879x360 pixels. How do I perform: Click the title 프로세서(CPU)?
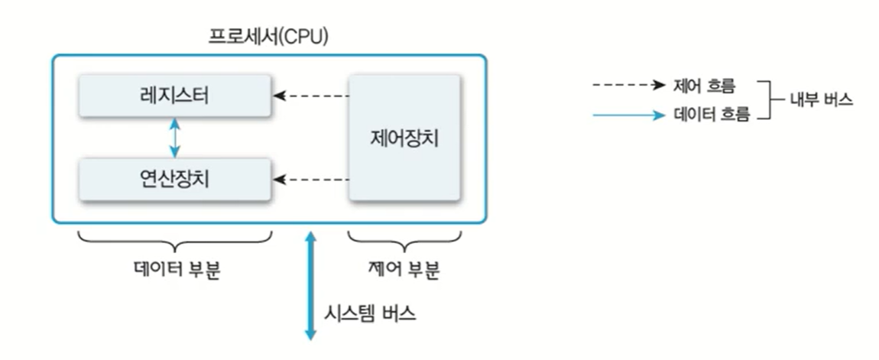[x=269, y=37]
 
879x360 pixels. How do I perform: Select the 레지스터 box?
[x=174, y=96]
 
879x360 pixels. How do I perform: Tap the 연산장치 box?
[x=174, y=179]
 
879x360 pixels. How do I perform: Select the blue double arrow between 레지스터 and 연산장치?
[x=175, y=138]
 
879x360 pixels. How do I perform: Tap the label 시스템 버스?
[x=371, y=313]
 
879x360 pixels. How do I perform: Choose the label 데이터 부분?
[x=175, y=270]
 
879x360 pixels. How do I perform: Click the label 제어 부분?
[x=404, y=270]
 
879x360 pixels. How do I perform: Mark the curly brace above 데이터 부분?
[x=175, y=243]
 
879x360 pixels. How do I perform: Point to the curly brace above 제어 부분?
[x=404, y=243]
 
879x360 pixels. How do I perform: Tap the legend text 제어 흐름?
[x=704, y=85]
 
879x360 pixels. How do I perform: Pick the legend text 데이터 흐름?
[x=711, y=116]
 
